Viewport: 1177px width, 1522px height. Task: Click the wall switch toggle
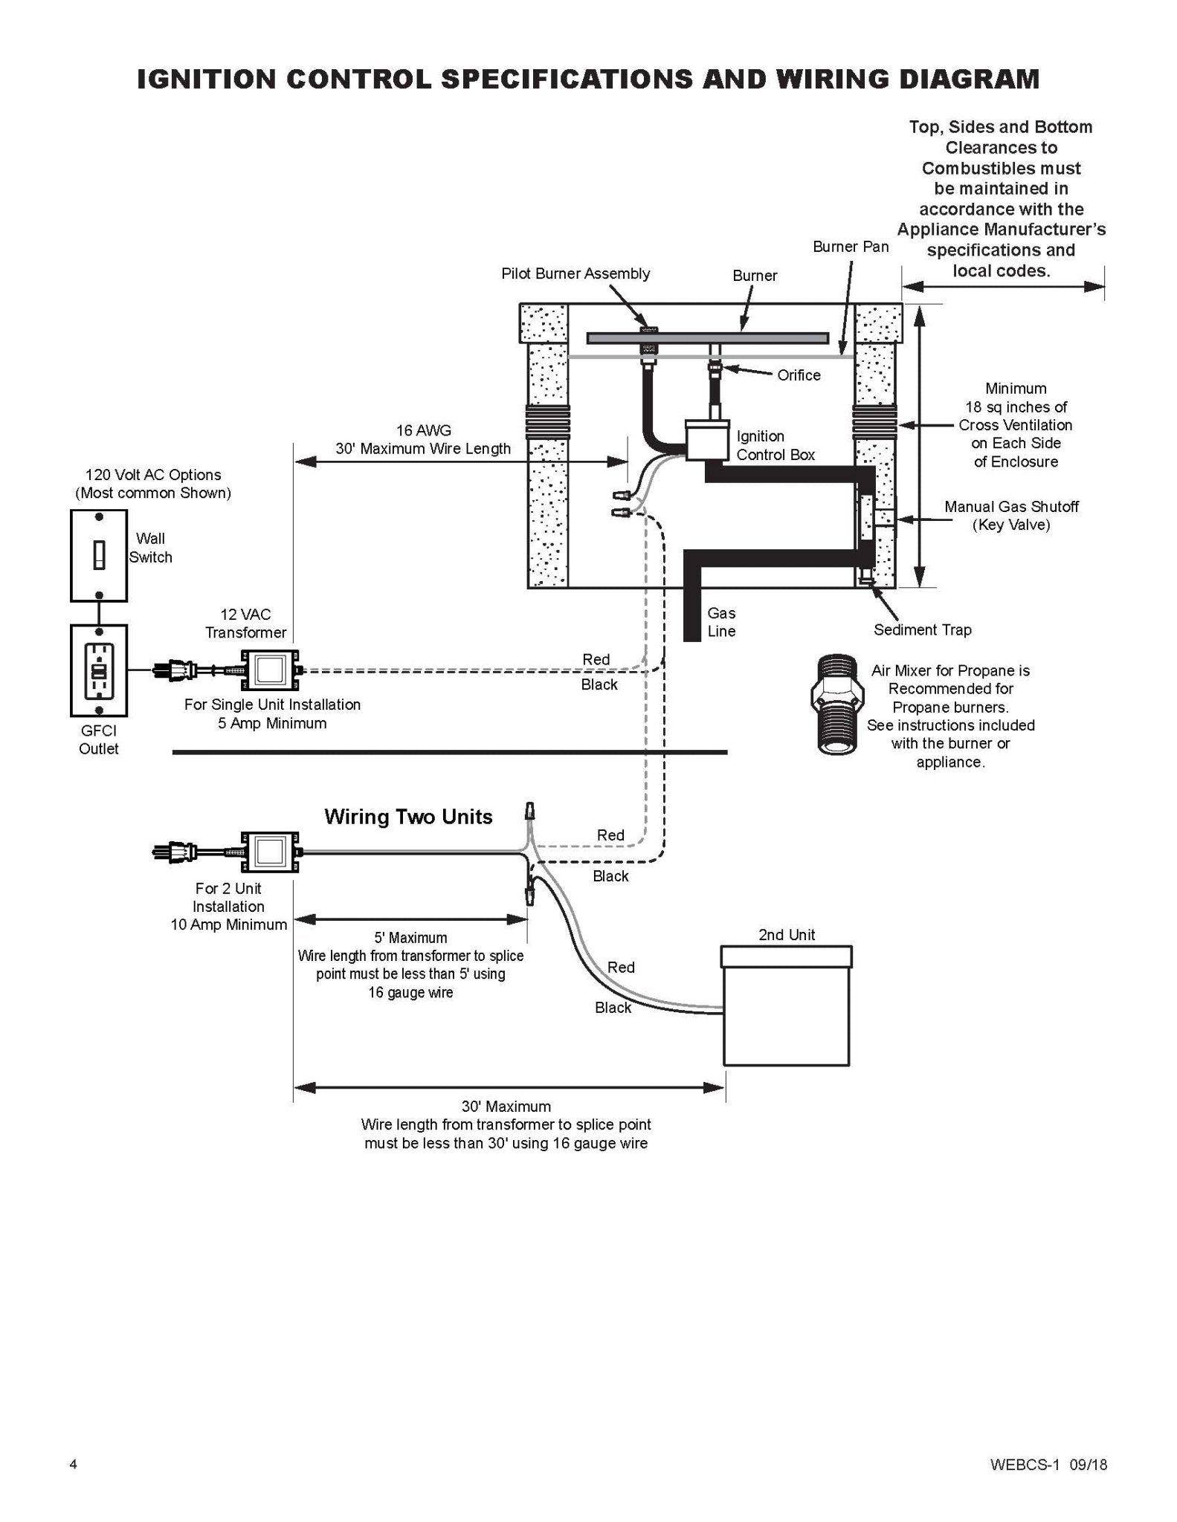(99, 555)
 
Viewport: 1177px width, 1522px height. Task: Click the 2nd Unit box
(787, 1005)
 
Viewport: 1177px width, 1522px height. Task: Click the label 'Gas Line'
(721, 622)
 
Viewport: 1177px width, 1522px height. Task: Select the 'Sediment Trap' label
(922, 630)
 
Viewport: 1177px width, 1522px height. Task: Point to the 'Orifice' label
(799, 375)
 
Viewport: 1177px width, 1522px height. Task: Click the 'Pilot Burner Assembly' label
(575, 273)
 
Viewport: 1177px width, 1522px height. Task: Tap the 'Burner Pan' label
(851, 247)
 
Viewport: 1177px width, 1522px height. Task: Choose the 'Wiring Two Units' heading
(408, 817)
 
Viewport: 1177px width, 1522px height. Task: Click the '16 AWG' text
(423, 430)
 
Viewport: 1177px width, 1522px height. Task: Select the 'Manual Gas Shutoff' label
(1011, 507)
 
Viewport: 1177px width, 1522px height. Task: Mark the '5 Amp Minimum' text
(272, 723)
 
